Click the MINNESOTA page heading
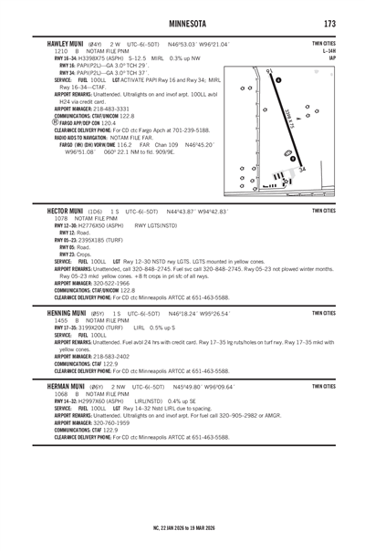click(x=187, y=24)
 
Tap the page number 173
click(x=329, y=24)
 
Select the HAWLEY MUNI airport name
click(x=65, y=44)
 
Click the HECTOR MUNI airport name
click(x=65, y=212)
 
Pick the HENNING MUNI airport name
click(x=67, y=313)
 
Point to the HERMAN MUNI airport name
click(x=66, y=387)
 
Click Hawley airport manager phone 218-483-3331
click(x=111, y=109)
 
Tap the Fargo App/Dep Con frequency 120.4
click(x=109, y=123)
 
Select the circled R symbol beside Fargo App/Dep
click(x=56, y=122)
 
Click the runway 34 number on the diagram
click(x=302, y=170)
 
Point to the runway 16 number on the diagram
click(x=270, y=71)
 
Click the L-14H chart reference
click(x=329, y=51)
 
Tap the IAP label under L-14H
click(x=332, y=58)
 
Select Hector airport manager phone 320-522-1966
click(x=111, y=283)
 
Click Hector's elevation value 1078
click(x=61, y=219)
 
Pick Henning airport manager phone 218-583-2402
click(x=111, y=357)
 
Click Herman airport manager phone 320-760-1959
click(x=111, y=422)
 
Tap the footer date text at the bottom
click(x=184, y=528)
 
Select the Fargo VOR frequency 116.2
click(x=124, y=145)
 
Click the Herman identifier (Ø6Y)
click(x=97, y=387)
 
